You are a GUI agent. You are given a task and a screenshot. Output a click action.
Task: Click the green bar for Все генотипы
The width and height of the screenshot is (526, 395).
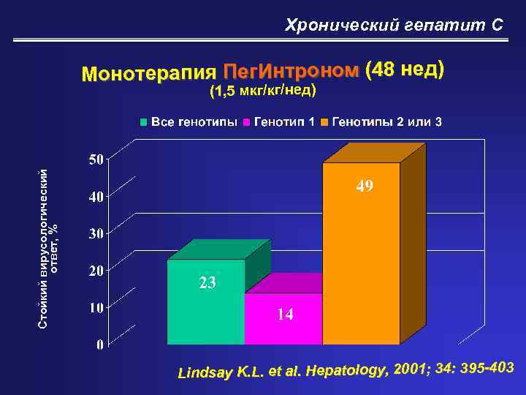coord(206,301)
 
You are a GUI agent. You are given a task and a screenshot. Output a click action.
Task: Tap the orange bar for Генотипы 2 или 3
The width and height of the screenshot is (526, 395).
coord(361,252)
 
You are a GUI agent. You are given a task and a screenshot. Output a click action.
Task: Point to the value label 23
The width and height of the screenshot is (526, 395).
coord(207,283)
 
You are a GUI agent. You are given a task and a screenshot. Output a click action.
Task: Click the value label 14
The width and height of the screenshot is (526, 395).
coord(285,315)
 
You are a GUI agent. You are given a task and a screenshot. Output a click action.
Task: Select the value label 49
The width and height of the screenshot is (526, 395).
coord(365,187)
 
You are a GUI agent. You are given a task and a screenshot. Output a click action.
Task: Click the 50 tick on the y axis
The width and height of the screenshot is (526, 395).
coord(96,159)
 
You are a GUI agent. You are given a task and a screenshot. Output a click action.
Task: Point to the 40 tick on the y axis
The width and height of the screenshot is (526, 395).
coord(96,196)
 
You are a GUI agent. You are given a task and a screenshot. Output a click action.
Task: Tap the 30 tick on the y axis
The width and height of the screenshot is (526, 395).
coord(96,233)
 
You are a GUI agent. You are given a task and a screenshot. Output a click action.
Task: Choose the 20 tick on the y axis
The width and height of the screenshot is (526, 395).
coord(96,271)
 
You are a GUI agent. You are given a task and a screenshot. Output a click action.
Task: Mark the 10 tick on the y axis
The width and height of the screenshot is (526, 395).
coord(96,308)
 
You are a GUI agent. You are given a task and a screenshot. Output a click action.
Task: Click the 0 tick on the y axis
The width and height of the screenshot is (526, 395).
coord(99,345)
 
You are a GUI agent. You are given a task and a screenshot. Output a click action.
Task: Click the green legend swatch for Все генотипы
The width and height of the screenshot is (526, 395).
coord(145,121)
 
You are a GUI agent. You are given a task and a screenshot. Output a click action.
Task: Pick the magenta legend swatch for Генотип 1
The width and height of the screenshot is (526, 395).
coord(247,121)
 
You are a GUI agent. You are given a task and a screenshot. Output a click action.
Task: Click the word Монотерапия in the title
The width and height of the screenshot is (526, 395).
coord(149,74)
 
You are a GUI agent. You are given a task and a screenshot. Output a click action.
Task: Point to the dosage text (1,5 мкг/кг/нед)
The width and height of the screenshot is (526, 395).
coord(263,91)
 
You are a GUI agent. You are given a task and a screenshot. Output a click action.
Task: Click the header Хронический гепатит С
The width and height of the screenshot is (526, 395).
coord(394,26)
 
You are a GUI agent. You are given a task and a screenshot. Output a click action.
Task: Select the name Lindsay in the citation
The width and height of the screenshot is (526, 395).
coord(205,373)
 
